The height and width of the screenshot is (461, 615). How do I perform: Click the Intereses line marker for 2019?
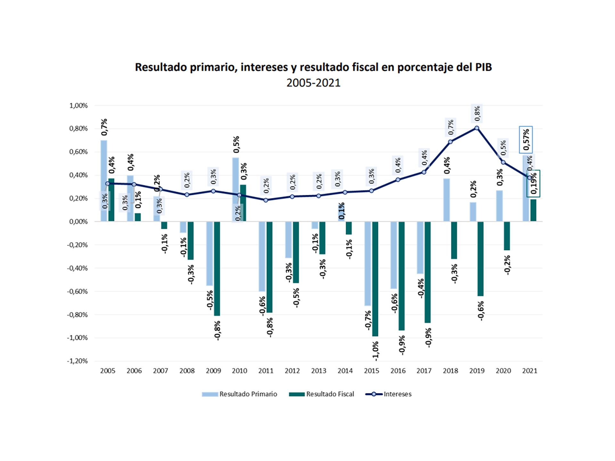(477, 128)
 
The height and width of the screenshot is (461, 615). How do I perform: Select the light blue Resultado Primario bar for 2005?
(104, 166)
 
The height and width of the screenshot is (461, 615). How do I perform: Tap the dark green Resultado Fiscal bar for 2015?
(375, 279)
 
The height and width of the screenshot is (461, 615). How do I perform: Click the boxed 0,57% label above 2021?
(526, 140)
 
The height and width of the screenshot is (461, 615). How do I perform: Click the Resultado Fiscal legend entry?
(322, 394)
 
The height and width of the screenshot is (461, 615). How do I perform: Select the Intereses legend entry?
(389, 394)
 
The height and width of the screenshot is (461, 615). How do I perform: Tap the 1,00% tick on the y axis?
(78, 106)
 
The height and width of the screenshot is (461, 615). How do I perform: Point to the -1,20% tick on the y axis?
(77, 361)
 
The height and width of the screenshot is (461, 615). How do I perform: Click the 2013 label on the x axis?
(318, 371)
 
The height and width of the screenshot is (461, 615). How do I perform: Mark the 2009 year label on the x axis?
(213, 371)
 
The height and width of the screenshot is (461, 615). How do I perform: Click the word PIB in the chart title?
(483, 67)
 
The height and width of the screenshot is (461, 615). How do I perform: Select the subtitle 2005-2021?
(313, 83)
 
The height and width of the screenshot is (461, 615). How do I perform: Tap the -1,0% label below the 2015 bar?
(375, 351)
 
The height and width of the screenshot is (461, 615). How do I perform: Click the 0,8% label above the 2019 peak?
(477, 113)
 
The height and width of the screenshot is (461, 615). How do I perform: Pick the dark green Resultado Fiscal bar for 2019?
(480, 259)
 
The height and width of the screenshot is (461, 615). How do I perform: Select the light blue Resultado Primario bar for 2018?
(447, 200)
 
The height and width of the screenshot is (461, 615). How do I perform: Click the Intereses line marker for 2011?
(266, 200)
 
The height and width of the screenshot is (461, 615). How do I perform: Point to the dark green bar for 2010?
(243, 203)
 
